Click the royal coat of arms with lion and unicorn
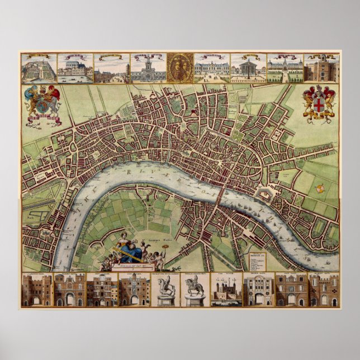[43, 103]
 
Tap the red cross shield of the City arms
[319, 103]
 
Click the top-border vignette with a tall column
[248, 68]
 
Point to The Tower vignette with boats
[226, 290]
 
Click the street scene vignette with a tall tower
[111, 68]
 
